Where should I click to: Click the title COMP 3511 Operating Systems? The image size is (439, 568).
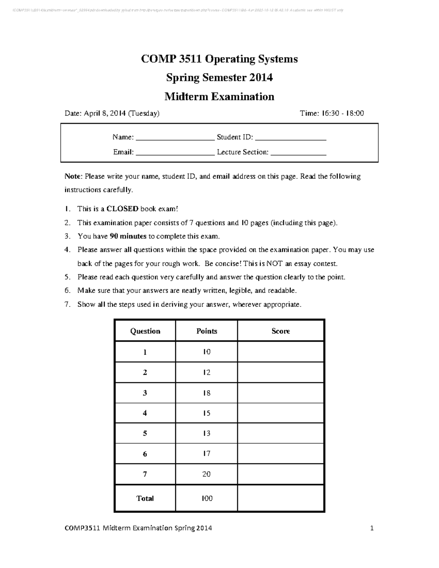219,59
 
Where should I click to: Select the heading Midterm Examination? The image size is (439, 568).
219,97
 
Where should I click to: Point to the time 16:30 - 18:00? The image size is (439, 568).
343,113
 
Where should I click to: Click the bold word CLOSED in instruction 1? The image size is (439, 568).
122,209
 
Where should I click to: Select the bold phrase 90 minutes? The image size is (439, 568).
128,236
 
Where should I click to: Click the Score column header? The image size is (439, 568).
281,331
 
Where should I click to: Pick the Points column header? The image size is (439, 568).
207,331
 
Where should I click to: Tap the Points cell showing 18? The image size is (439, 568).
207,393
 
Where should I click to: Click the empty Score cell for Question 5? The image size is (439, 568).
281,433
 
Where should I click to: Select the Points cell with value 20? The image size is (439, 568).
207,474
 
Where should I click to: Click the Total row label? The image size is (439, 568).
145,498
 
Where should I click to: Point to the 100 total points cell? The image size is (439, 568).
207,498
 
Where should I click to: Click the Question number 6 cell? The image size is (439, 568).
145,454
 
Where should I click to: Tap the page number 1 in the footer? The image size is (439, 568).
372,528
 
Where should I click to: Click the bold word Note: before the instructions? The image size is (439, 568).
73,176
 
